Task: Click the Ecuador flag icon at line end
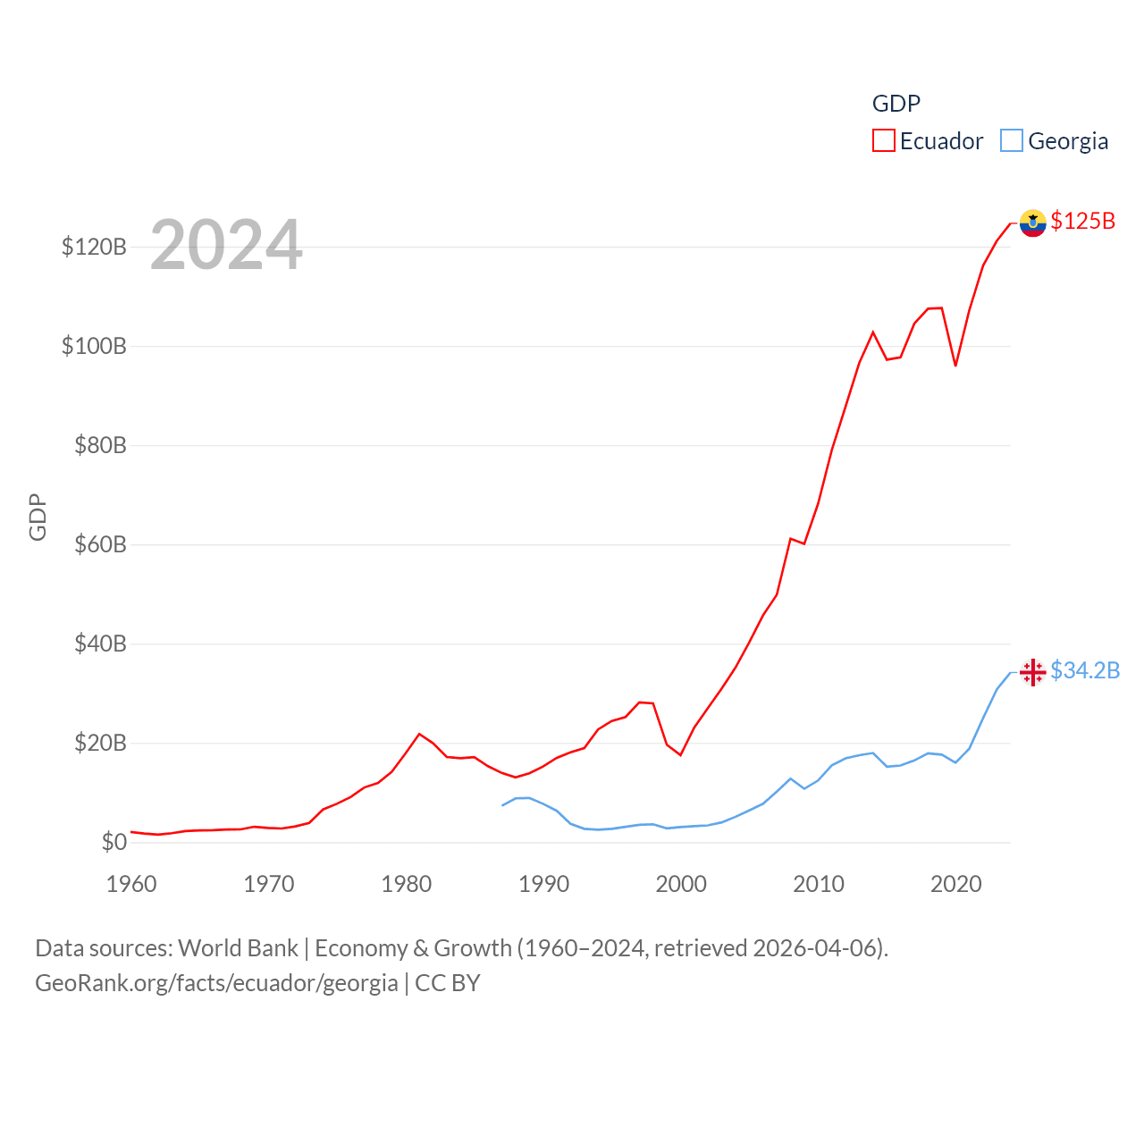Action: (x=1032, y=223)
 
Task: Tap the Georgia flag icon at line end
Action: (x=1032, y=672)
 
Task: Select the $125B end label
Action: (x=1083, y=221)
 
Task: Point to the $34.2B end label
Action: (x=1085, y=670)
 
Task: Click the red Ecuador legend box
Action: (x=884, y=141)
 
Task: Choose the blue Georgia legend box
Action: (x=1012, y=141)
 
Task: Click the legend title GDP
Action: (x=896, y=104)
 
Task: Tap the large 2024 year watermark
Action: (x=226, y=245)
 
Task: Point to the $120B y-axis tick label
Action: (x=94, y=247)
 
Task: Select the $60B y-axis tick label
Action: (x=100, y=544)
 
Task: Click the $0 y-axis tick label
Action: (x=114, y=842)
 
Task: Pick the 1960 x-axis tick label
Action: (x=131, y=884)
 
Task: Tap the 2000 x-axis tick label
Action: (x=681, y=884)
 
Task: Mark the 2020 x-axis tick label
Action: (x=956, y=884)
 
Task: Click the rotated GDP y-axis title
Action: (x=38, y=517)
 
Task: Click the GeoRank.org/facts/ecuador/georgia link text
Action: (x=216, y=983)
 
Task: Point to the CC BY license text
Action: (x=448, y=983)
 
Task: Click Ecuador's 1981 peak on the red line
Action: (x=419, y=734)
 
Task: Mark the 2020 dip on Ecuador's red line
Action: (x=955, y=366)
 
